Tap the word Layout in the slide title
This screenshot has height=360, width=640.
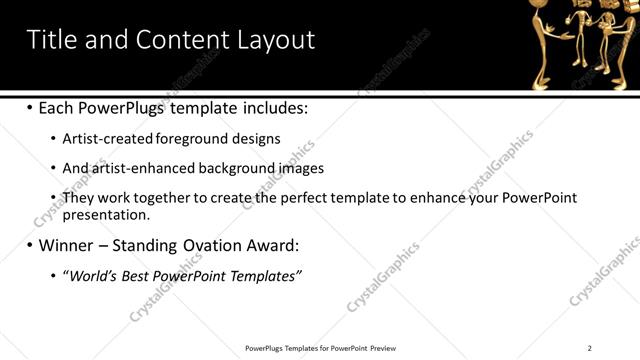275,40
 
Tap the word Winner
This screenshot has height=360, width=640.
67,245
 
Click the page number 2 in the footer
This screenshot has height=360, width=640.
590,348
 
